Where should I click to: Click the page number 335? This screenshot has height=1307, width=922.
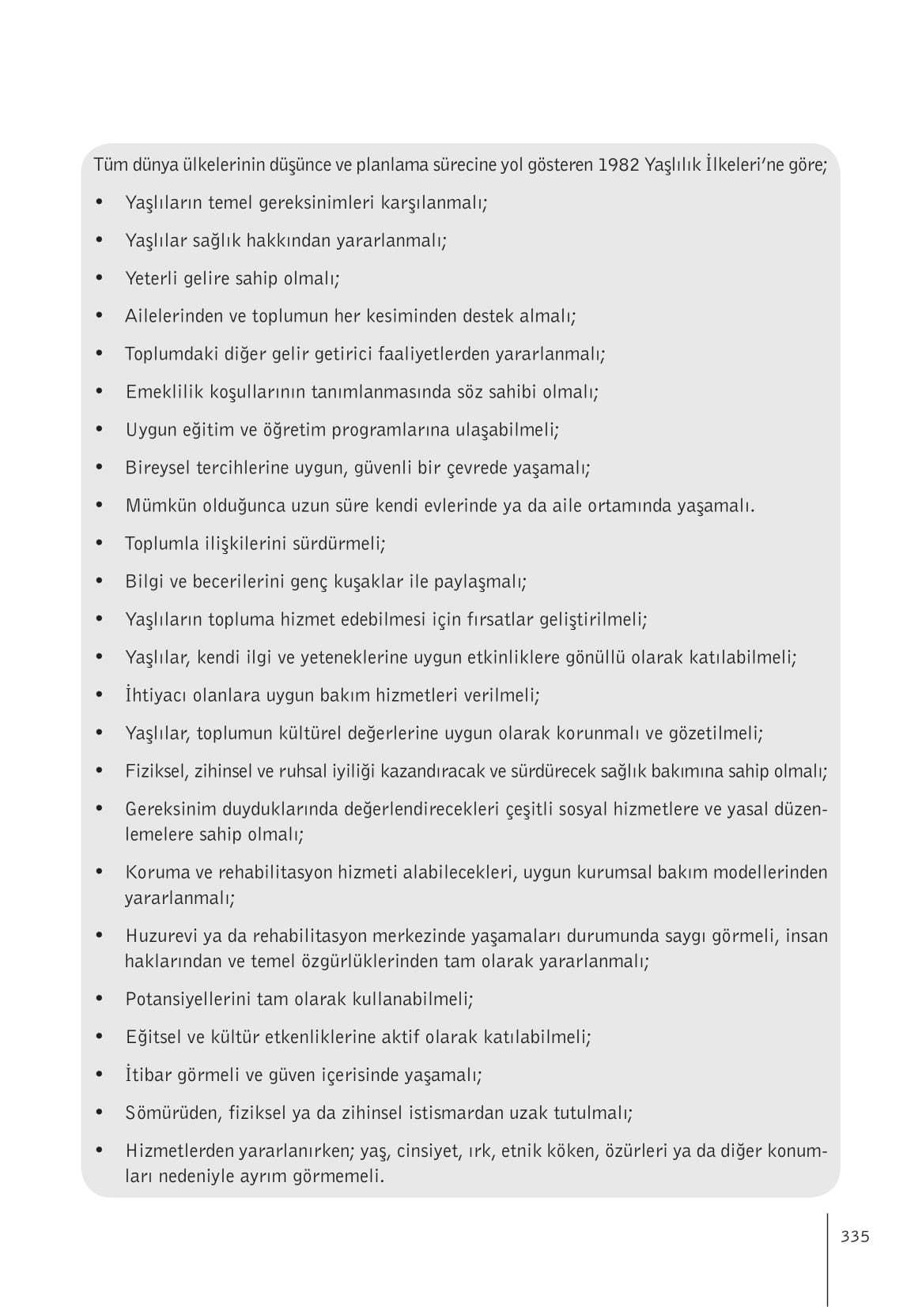click(x=855, y=1237)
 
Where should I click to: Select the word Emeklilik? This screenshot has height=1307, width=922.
click(x=159, y=392)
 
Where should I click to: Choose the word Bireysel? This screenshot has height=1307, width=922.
click(x=157, y=468)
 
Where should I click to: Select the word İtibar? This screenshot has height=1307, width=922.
click(x=146, y=1075)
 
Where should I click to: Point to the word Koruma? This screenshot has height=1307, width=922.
click(x=153, y=872)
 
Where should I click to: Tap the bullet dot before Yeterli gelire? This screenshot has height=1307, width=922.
click(x=100, y=278)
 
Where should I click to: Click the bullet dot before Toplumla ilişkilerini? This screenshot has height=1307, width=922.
click(x=100, y=544)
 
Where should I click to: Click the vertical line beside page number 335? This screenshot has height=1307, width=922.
click(x=828, y=1260)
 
